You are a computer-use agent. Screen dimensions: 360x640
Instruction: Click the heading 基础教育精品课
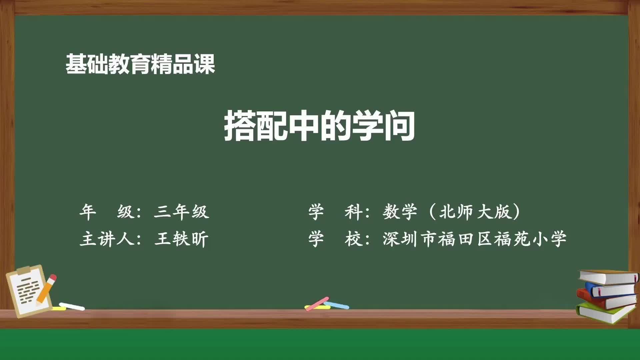coord(140,64)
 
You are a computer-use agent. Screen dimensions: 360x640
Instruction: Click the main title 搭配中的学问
coord(319,126)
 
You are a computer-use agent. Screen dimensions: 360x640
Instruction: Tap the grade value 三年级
coord(182,212)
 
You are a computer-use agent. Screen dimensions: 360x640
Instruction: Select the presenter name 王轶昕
coord(182,239)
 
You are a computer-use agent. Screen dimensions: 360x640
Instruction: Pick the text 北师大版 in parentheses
coord(475,212)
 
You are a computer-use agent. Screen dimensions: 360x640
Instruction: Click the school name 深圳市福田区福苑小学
coord(475,239)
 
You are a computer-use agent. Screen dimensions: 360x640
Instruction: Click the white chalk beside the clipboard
coord(72,306)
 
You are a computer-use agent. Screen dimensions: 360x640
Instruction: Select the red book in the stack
coord(600,299)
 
